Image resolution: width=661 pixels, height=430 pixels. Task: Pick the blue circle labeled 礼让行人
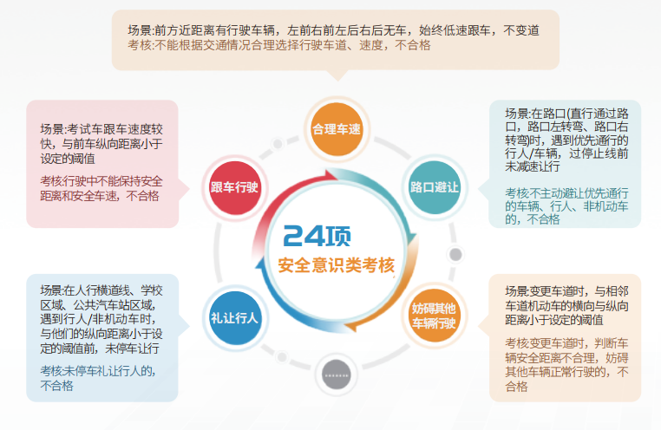click(234, 317)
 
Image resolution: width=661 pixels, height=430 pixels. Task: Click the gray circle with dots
click(336, 375)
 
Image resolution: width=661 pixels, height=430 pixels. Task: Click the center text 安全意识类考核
click(336, 266)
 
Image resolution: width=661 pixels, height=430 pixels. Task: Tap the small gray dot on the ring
click(455, 255)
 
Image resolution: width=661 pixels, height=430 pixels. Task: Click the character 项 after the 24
click(340, 235)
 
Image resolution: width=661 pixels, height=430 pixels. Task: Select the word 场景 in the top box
click(139, 29)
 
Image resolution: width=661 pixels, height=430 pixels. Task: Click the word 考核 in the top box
click(139, 45)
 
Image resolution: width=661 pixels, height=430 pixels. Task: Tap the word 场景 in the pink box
click(51, 128)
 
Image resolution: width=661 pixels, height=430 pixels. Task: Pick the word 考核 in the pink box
click(51, 180)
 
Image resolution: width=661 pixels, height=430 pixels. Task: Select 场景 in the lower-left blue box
click(51, 290)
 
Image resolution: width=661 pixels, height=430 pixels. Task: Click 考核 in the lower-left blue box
click(51, 371)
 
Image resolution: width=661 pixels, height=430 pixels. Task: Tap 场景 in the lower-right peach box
click(517, 290)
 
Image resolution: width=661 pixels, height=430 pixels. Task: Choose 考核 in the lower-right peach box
click(517, 342)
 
